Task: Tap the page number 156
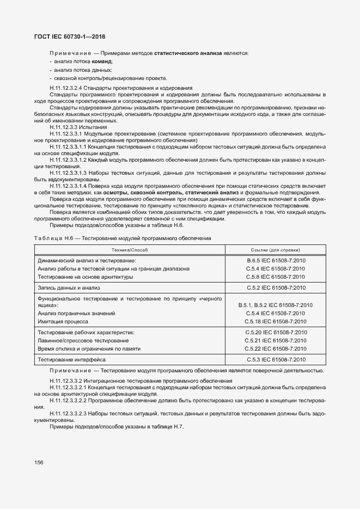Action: [x=39, y=462]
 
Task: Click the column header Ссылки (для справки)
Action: [x=276, y=249]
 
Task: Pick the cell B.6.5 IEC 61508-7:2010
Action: [x=276, y=261]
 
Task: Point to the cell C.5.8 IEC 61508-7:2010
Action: [x=276, y=277]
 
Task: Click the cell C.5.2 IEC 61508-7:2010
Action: [x=276, y=287]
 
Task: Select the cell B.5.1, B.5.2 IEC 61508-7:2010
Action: [x=276, y=305]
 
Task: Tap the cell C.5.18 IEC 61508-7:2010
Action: [x=276, y=321]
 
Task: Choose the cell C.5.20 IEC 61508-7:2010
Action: [x=276, y=332]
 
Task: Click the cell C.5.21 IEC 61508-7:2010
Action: [x=276, y=340]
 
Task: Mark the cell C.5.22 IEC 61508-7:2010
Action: [x=276, y=348]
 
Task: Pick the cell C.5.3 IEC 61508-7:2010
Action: [x=276, y=359]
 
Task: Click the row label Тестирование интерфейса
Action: [x=71, y=359]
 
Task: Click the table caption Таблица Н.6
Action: [x=53, y=238]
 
